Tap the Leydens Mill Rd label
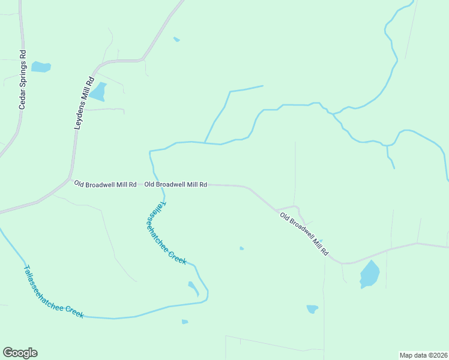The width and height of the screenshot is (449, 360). click(84, 103)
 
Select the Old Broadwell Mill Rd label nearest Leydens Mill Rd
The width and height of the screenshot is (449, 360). click(106, 184)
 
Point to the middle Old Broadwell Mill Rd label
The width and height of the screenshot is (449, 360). click(176, 185)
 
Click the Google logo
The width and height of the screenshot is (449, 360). click(20, 353)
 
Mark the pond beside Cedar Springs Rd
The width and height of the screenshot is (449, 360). click(41, 67)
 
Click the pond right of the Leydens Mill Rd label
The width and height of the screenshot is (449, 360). click(98, 92)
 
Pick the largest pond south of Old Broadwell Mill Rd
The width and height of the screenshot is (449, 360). click(370, 275)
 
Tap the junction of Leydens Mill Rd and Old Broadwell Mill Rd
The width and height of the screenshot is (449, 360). click(71, 179)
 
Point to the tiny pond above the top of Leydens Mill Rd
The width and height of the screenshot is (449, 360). click(176, 40)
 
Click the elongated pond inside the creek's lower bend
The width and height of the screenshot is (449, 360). click(193, 289)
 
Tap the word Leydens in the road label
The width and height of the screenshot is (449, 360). click(80, 115)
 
